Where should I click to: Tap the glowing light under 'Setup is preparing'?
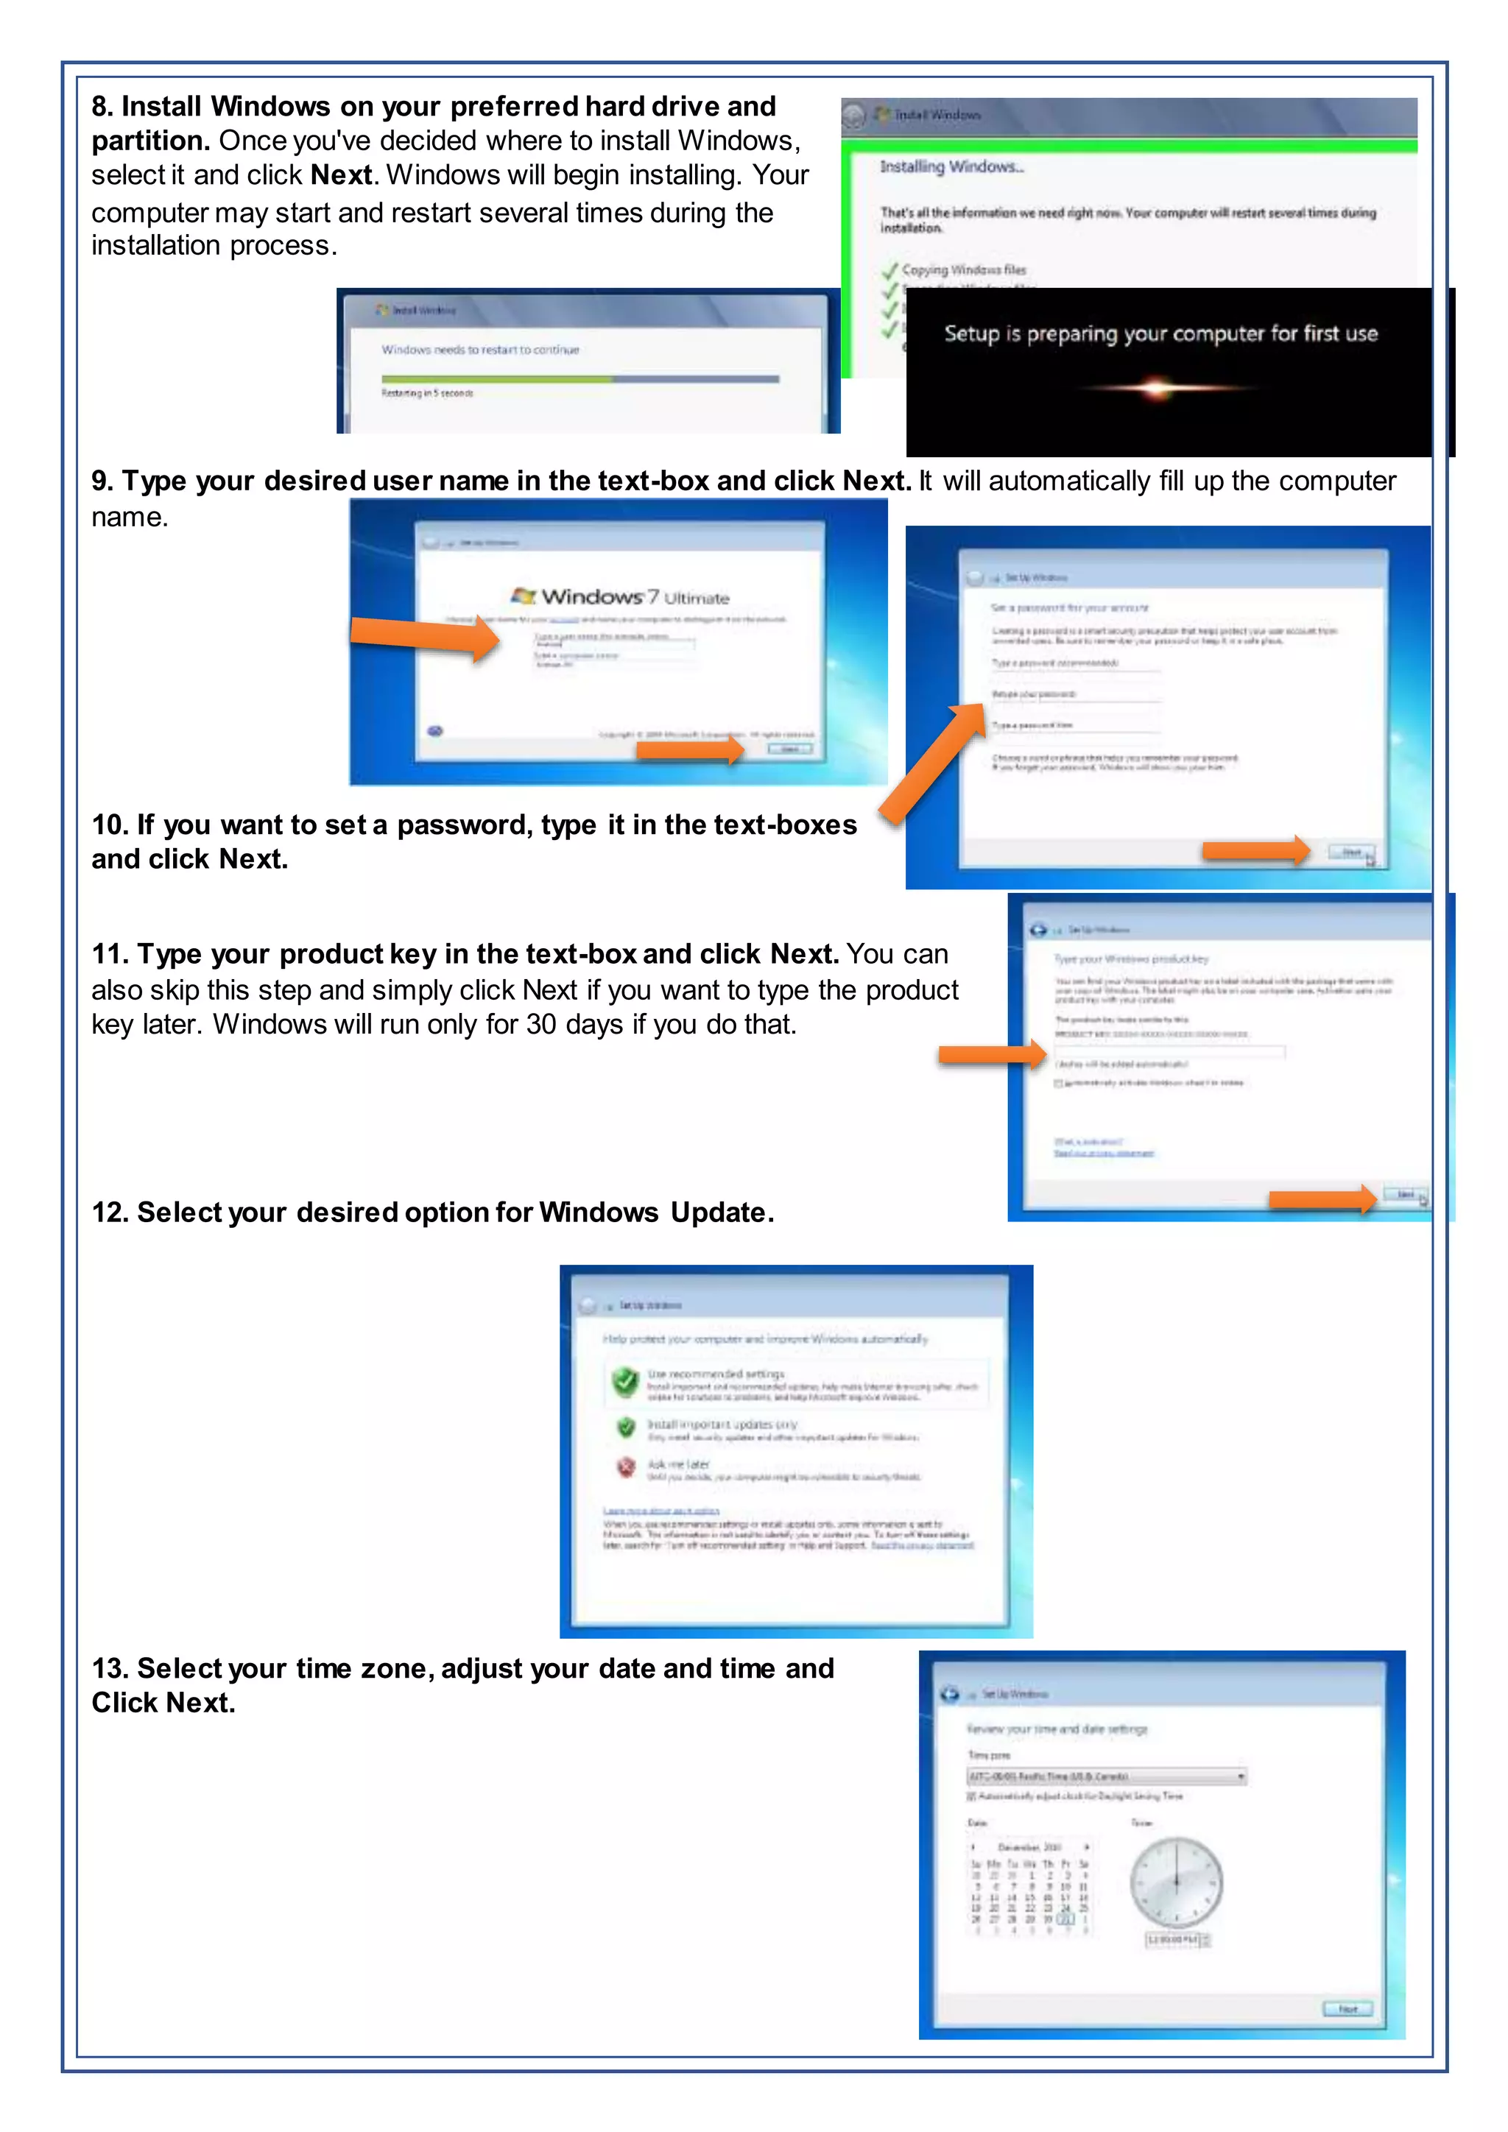coord(1156,388)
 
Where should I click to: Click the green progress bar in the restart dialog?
coord(497,379)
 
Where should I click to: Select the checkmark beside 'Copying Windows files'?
coord(889,270)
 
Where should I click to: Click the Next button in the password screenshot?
coord(1351,852)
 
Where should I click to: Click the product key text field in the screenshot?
coord(1169,1052)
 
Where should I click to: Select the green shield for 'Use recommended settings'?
coord(626,1381)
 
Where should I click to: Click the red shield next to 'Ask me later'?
coord(626,1467)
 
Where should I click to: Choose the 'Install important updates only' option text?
coord(722,1425)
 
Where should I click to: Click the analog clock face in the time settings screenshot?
coord(1176,1882)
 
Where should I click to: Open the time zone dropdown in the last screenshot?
coord(1106,1776)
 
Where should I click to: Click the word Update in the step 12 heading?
coord(718,1212)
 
